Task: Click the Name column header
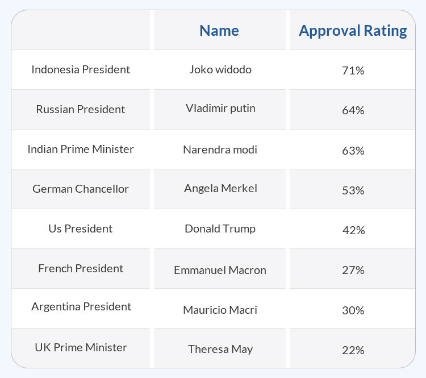[x=219, y=30]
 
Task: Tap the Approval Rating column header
[x=353, y=30]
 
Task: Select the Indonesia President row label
[x=81, y=69]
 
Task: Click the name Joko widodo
[x=220, y=70]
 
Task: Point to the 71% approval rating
[x=353, y=71]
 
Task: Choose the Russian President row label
[x=81, y=109]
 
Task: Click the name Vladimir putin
[x=220, y=108]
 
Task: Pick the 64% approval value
[x=353, y=111]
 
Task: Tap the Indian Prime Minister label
[x=81, y=149]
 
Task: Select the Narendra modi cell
[x=220, y=150]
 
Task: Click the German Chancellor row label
[x=81, y=189]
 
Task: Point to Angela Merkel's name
[x=220, y=188]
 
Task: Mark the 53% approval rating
[x=353, y=190]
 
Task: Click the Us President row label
[x=81, y=229]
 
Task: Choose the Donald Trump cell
[x=220, y=229]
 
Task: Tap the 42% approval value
[x=353, y=230]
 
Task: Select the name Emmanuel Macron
[x=220, y=270]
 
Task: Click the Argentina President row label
[x=81, y=306]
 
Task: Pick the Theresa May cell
[x=220, y=349]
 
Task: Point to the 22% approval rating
[x=353, y=350]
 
